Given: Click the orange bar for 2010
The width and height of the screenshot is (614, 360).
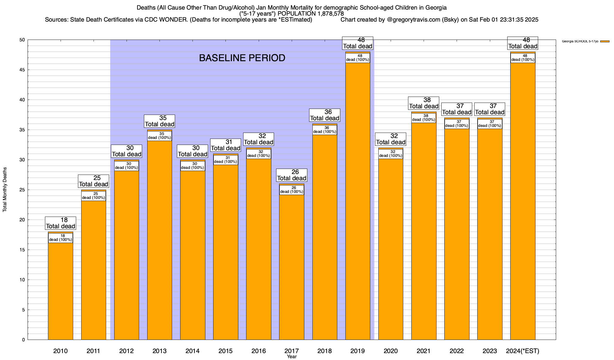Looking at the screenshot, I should click(61, 291).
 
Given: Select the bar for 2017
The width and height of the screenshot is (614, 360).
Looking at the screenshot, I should click(292, 267).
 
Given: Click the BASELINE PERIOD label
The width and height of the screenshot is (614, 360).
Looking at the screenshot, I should click(242, 58).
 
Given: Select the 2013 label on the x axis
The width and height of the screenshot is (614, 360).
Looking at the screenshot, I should click(159, 351).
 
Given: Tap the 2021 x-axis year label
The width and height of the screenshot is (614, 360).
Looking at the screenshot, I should click(424, 351).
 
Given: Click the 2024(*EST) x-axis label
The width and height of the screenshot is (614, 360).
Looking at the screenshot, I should click(523, 351).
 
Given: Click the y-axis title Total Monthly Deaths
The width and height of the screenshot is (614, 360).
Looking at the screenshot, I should click(5, 190).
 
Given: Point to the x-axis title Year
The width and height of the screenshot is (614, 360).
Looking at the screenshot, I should click(291, 357).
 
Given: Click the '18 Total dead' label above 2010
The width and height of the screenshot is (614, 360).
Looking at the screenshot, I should click(61, 223).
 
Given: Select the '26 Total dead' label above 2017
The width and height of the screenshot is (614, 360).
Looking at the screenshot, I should click(292, 175).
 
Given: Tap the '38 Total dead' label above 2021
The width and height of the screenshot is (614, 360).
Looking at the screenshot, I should click(424, 103).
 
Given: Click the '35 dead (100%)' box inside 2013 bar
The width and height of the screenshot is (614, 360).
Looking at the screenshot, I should click(159, 136).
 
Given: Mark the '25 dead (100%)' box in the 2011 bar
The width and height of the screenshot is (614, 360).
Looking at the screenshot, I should click(94, 196).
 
